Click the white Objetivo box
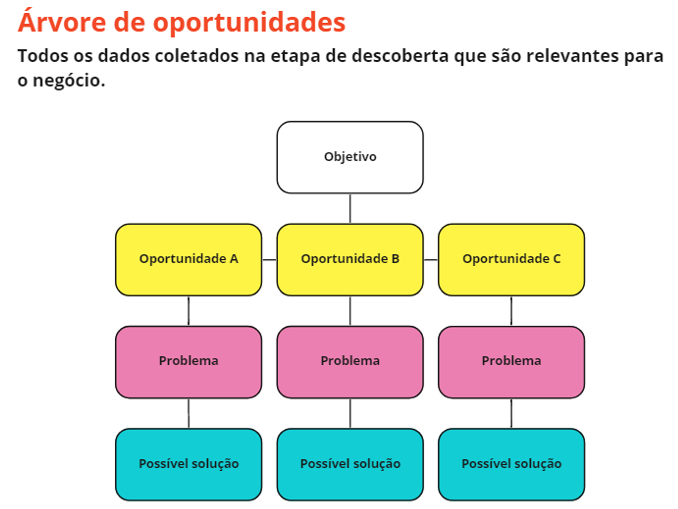[x=350, y=157]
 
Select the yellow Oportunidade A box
[x=189, y=259]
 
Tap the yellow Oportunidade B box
[x=350, y=259]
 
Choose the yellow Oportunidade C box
[x=511, y=259]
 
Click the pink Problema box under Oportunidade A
[x=189, y=362]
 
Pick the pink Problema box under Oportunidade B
[x=350, y=362]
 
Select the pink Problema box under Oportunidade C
[x=511, y=362]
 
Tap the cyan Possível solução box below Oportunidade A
[x=189, y=464]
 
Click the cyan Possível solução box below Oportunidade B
[x=350, y=464]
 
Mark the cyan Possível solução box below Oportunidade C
[x=511, y=464]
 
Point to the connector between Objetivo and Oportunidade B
[x=350, y=208]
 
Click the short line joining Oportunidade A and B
[x=269, y=260]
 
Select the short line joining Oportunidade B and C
[x=430, y=260]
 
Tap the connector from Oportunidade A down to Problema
[x=189, y=311]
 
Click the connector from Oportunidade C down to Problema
[x=511, y=311]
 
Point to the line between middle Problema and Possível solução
[x=350, y=413]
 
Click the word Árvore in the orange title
[x=62, y=22]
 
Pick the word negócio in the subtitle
[x=69, y=80]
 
